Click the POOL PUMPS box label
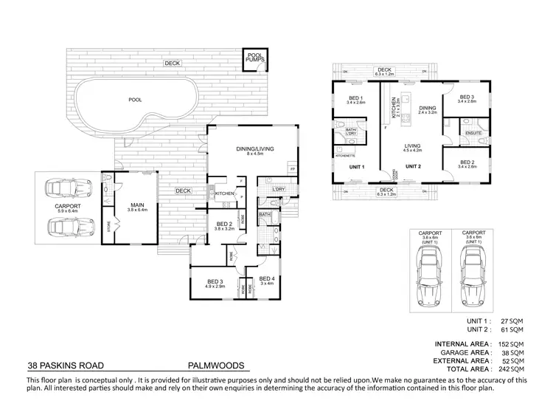255,58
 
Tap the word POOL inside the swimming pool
135,99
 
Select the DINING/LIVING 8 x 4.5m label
255,151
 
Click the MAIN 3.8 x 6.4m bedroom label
137,207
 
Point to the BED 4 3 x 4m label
267,281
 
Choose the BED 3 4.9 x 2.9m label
215,284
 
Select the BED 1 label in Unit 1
355,100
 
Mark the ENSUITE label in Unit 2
473,133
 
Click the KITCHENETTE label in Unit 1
346,156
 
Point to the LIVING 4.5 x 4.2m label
411,148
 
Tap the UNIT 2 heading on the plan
413,166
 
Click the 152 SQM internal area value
512,344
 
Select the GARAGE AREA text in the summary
462,352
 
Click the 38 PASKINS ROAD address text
66,366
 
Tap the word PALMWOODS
217,366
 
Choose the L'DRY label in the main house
278,190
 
